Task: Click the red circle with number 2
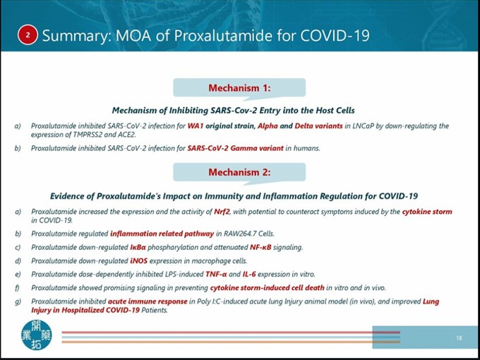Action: pyautogui.click(x=28, y=35)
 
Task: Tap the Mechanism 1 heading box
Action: pyautogui.click(x=239, y=88)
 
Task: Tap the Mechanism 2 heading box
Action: pyautogui.click(x=239, y=172)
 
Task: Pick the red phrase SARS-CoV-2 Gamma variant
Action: pyautogui.click(x=235, y=148)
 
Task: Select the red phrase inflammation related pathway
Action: pyautogui.click(x=154, y=234)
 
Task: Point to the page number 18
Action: pyautogui.click(x=459, y=338)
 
